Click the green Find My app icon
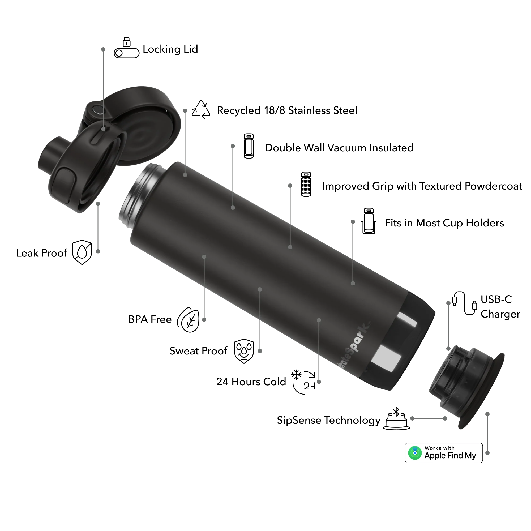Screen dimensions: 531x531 point(415,453)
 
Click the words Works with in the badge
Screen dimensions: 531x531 point(439,448)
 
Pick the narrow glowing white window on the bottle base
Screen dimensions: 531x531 point(408,319)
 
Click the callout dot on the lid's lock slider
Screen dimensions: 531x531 point(103,129)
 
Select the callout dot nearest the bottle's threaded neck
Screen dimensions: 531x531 point(185,175)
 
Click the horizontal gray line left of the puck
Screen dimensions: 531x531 point(429,419)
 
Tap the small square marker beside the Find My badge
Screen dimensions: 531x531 point(487,453)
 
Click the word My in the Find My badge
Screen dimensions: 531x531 point(470,456)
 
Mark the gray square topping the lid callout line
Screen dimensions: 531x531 point(103,50)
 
